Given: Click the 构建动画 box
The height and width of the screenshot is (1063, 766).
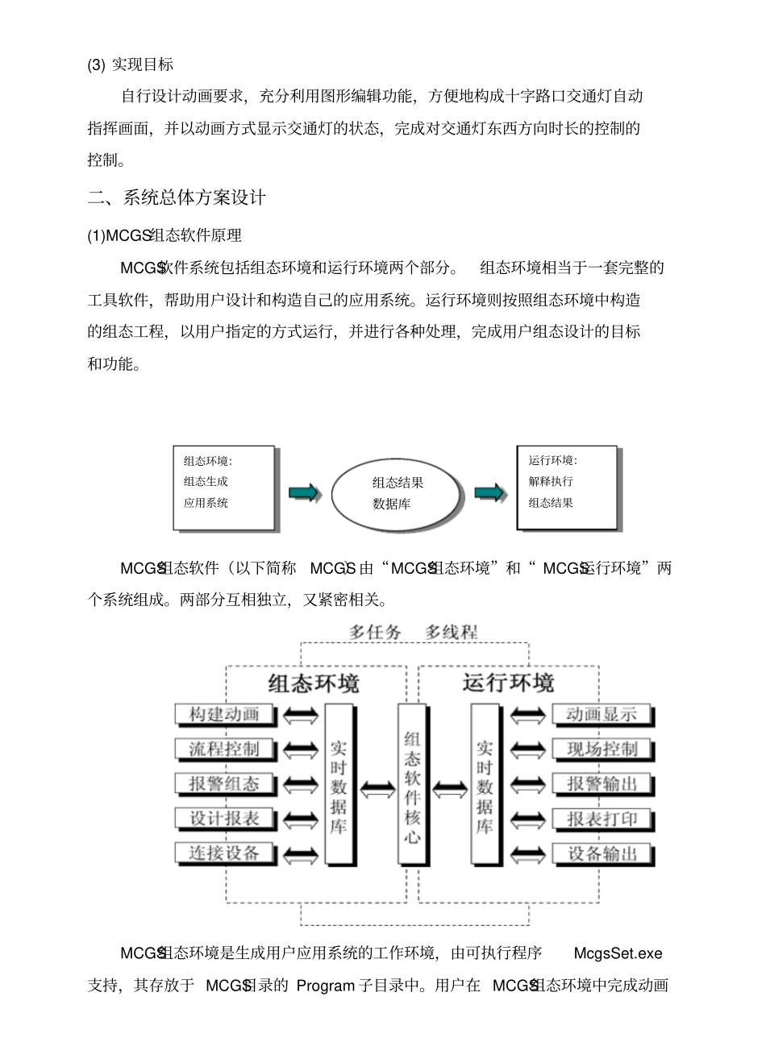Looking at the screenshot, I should click(225, 715).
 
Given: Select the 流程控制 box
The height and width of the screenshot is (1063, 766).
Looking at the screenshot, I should click(225, 749).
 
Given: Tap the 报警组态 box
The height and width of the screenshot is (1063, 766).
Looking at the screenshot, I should click(225, 784).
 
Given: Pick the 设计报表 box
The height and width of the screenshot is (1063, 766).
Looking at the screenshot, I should click(225, 819).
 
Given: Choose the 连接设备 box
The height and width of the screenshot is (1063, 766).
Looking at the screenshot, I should click(225, 853).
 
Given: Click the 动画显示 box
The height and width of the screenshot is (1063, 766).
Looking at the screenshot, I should click(602, 715).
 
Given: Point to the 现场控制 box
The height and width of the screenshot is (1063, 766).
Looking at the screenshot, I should click(602, 749).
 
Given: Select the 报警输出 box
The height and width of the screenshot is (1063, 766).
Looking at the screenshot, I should click(602, 784).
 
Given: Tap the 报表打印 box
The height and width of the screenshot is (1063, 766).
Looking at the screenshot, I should click(602, 820).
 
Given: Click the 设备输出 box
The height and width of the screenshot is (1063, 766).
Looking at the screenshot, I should click(602, 854).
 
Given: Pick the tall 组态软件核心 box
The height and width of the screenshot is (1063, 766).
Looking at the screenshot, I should click(412, 783).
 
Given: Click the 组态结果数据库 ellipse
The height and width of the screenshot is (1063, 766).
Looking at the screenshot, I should click(398, 493).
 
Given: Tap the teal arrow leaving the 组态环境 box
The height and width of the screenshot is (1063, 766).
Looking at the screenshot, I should click(304, 492).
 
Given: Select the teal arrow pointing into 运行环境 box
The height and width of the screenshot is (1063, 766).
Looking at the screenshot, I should click(489, 492).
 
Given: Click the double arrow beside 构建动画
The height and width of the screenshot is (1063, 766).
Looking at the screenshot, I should click(301, 716).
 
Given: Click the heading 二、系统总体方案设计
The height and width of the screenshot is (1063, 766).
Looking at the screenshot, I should click(177, 197).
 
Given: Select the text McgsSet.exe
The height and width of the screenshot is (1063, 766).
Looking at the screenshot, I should click(618, 953).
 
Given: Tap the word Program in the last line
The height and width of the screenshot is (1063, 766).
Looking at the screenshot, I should click(326, 986).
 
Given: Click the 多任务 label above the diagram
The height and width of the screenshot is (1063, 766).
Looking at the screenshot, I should click(375, 633).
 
